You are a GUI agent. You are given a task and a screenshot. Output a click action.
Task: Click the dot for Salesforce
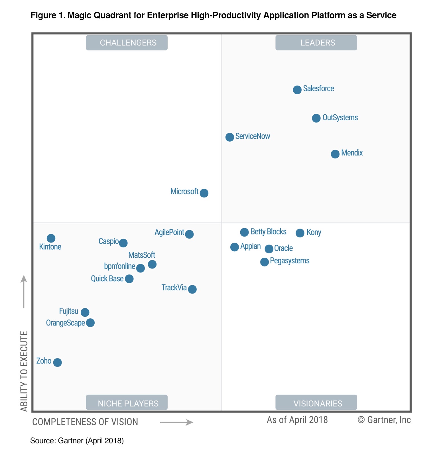297,90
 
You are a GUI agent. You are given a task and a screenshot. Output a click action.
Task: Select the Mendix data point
335,154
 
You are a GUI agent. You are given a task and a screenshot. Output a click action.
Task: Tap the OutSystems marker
316,118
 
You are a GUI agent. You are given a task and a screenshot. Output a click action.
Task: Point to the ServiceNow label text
253,136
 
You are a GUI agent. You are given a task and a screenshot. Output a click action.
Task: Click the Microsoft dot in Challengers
204,193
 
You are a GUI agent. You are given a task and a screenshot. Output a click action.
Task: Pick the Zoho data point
57,362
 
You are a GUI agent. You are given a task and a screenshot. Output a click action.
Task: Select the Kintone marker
51,238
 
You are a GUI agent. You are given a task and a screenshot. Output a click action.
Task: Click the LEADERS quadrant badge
316,43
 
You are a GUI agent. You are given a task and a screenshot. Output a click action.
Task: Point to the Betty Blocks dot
244,232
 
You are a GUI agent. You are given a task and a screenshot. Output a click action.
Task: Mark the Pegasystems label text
289,260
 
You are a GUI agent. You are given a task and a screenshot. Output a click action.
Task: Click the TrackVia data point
192,289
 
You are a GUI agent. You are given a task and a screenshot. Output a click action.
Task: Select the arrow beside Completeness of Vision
176,422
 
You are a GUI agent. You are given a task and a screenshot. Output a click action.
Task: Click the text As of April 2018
297,420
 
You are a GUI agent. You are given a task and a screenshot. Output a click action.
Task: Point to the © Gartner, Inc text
384,420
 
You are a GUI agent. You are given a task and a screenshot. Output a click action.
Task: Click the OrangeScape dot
90,323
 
